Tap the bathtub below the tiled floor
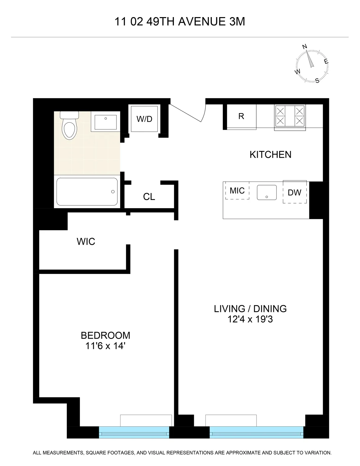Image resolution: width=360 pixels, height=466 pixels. pos(87,191)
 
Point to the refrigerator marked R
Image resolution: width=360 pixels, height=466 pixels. pos(241,116)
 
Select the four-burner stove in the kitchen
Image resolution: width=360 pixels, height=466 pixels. pos(290,116)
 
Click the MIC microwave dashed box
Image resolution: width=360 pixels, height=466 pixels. pos(237,190)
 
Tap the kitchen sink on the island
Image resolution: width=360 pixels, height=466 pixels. pos(267,192)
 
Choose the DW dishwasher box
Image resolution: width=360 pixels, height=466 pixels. pos(294,192)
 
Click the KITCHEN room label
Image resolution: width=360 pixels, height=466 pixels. pos(270,154)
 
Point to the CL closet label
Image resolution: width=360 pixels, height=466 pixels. pos(149,197)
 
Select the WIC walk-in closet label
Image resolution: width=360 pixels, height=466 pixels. pos(86,241)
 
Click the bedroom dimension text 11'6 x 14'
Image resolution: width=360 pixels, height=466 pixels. pos(105,346)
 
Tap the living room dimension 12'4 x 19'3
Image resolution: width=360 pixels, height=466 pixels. pos(250,319)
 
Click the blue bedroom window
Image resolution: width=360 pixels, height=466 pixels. pos(134,432)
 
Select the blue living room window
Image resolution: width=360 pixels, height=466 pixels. pos(256,432)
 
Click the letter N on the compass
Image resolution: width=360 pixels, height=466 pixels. pos(305,46)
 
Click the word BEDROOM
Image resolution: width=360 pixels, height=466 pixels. pos(105,335)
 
